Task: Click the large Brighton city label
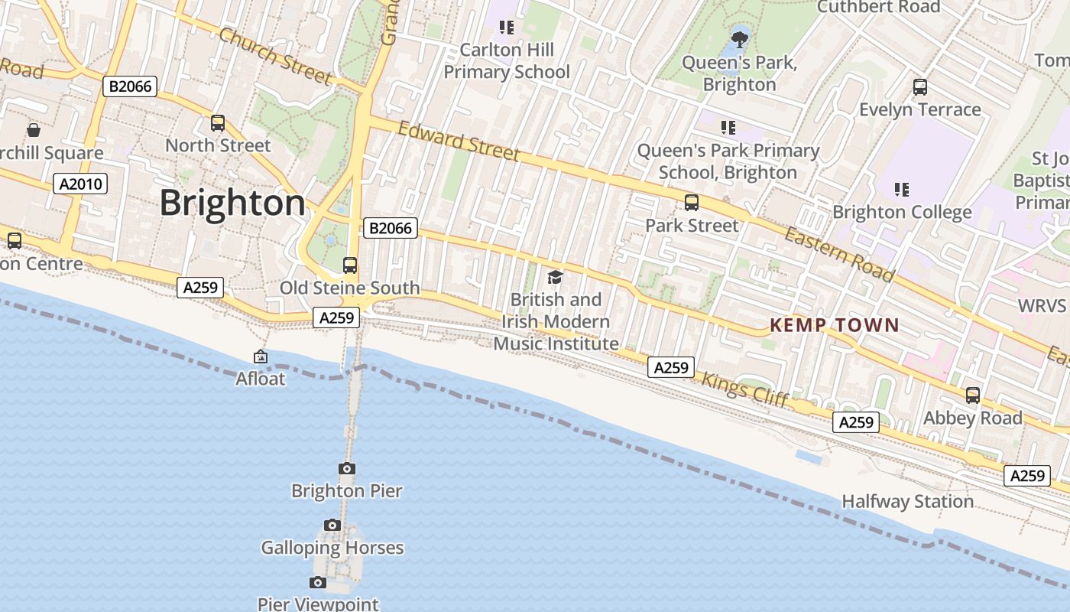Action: [x=232, y=203]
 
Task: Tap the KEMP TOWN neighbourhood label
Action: [x=834, y=325]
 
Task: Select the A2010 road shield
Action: [x=80, y=184]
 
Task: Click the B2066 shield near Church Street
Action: [x=130, y=86]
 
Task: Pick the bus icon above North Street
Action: [x=218, y=123]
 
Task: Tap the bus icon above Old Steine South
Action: [x=349, y=265]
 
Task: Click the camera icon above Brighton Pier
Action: [x=347, y=468]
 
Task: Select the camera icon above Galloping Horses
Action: [x=332, y=525]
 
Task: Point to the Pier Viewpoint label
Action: [x=318, y=604]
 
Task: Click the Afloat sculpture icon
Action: [x=261, y=356]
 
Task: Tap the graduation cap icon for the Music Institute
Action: [x=555, y=277]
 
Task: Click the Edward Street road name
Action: [x=459, y=142]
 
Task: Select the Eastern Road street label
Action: [x=838, y=253]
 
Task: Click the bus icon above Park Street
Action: [x=692, y=203]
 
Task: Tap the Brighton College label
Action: [x=902, y=212]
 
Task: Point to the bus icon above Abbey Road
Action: [x=972, y=396]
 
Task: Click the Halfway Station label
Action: [x=907, y=502]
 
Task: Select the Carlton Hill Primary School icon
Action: [x=506, y=28]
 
